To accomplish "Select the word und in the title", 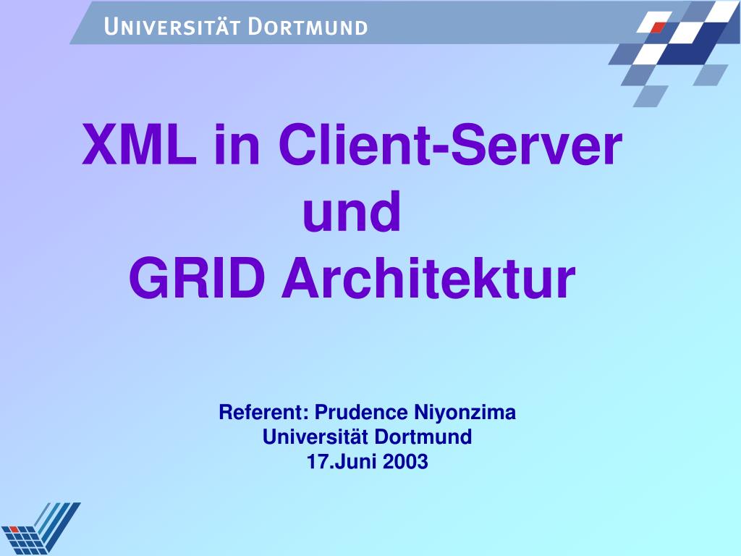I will tap(352, 212).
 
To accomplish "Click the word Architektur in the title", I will tap(428, 279).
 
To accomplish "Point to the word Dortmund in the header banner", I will tap(308, 28).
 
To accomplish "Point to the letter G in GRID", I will tap(148, 279).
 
